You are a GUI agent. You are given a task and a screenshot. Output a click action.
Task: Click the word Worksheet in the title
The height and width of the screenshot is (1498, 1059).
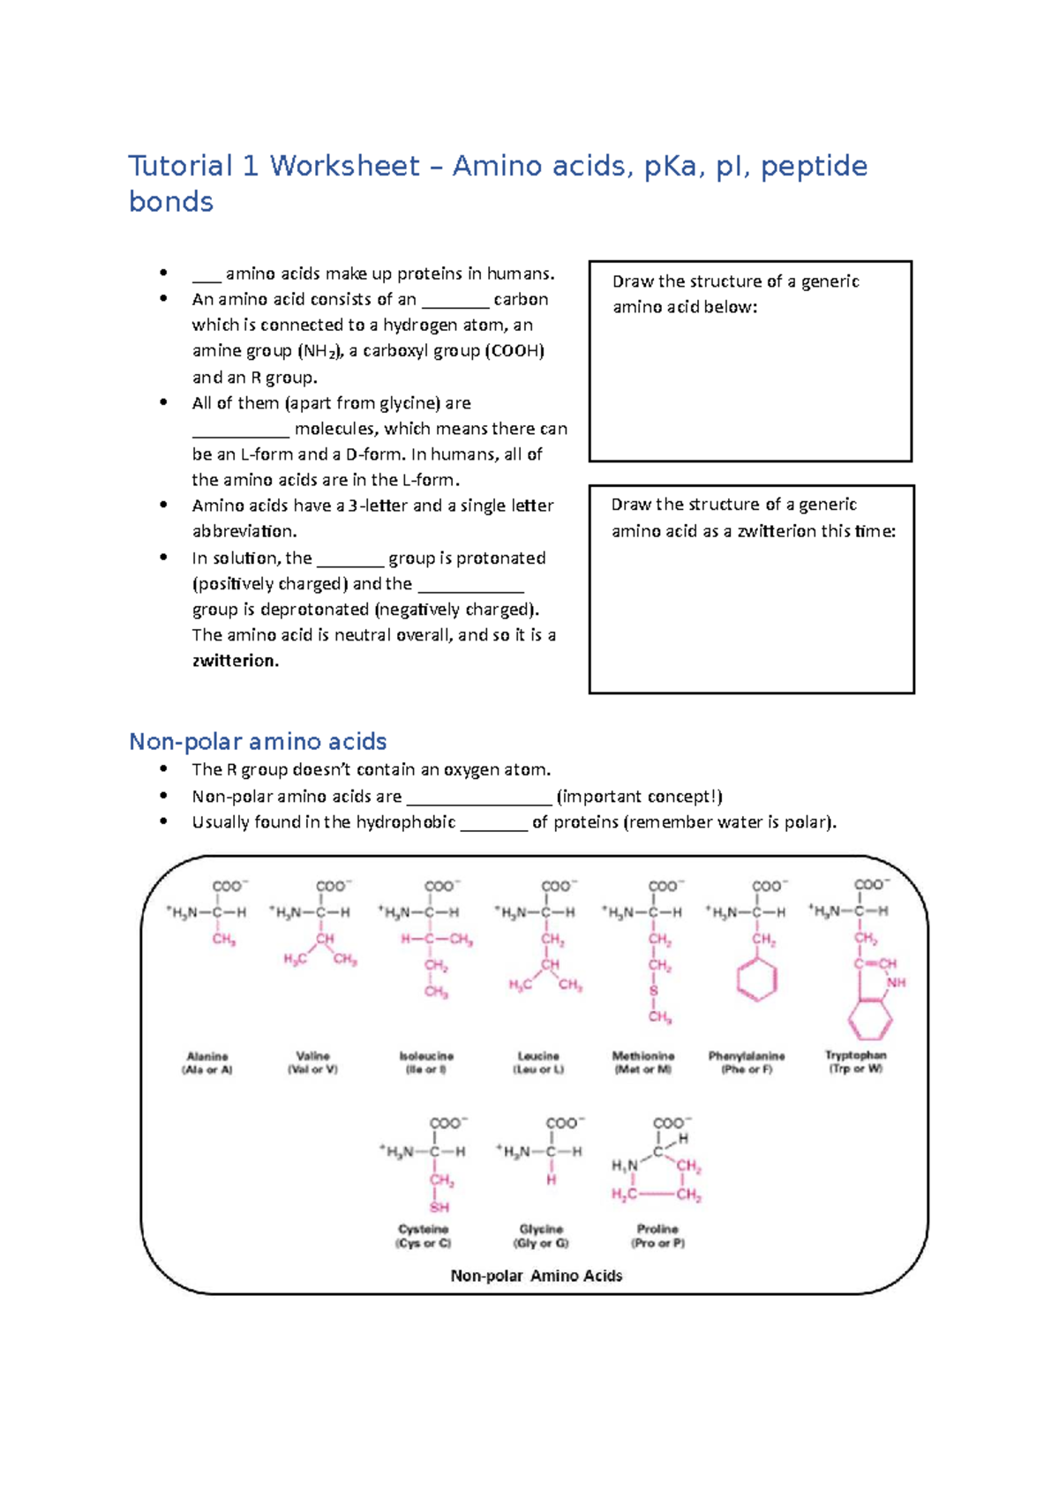(344, 166)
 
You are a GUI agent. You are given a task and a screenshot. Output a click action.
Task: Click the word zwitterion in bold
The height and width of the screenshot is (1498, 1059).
(235, 661)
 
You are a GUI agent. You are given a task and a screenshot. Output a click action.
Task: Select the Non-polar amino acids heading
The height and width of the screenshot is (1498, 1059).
(258, 741)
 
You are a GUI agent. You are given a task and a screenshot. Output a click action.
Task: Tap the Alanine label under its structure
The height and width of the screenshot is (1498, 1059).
(207, 1056)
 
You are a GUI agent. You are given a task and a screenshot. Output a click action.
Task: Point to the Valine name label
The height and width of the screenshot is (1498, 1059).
(312, 1056)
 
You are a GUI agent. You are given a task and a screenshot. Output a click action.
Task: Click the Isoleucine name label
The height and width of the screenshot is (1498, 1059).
(426, 1056)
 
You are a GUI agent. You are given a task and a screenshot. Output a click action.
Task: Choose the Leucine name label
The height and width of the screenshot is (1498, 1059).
(538, 1056)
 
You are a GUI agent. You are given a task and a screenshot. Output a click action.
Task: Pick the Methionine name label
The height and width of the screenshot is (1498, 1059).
(643, 1056)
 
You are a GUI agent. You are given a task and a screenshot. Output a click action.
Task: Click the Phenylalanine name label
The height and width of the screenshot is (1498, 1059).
(747, 1056)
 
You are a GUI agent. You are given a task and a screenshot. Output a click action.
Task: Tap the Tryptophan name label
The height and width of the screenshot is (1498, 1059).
(855, 1055)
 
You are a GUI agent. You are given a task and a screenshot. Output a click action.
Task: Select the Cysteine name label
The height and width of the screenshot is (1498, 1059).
(424, 1229)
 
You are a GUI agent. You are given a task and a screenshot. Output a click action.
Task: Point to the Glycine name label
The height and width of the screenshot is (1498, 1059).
(541, 1229)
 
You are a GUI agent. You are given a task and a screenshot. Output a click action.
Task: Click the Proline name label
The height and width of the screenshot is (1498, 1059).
(657, 1229)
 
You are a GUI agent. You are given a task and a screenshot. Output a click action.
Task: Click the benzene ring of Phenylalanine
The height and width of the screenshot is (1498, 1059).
(756, 980)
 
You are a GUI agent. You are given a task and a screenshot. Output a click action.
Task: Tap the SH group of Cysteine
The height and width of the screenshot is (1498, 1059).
(439, 1207)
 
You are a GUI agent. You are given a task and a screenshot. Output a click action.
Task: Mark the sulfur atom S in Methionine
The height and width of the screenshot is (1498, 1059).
(654, 991)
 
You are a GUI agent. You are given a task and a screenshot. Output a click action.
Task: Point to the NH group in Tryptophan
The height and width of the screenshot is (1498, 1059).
(897, 983)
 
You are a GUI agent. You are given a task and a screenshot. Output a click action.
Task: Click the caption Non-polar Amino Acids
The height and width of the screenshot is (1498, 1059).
(537, 1276)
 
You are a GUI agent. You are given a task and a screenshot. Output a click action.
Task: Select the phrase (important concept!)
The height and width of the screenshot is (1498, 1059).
(640, 797)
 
